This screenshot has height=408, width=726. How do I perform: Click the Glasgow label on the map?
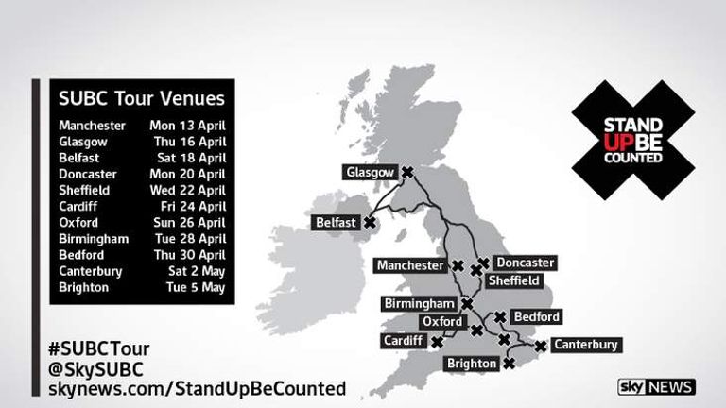pyautogui.click(x=370, y=173)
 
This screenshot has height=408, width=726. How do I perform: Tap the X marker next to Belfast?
pyautogui.click(x=370, y=223)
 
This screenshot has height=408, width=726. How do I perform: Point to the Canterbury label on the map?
pyautogui.click(x=586, y=345)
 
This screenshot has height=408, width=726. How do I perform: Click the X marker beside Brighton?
pyautogui.click(x=509, y=363)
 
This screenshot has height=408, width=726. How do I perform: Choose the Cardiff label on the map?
pyautogui.click(x=404, y=340)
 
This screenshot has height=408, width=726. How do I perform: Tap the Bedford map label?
pyautogui.click(x=535, y=317)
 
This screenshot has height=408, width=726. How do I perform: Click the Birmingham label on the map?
pyautogui.click(x=420, y=304)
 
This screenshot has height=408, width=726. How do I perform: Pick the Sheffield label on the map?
pyautogui.click(x=513, y=280)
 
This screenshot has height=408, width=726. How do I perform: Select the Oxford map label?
pyautogui.click(x=442, y=322)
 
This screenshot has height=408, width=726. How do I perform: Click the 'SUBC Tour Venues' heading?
pyautogui.click(x=142, y=98)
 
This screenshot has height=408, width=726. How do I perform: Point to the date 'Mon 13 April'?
pyautogui.click(x=187, y=126)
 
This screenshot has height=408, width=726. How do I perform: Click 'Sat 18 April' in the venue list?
pyautogui.click(x=191, y=158)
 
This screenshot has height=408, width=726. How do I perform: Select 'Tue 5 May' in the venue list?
pyautogui.click(x=196, y=287)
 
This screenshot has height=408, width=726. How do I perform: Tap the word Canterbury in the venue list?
pyautogui.click(x=91, y=271)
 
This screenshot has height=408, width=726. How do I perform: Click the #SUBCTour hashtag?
pyautogui.click(x=104, y=348)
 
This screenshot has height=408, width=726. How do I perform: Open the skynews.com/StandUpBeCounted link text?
pyautogui.click(x=195, y=388)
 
